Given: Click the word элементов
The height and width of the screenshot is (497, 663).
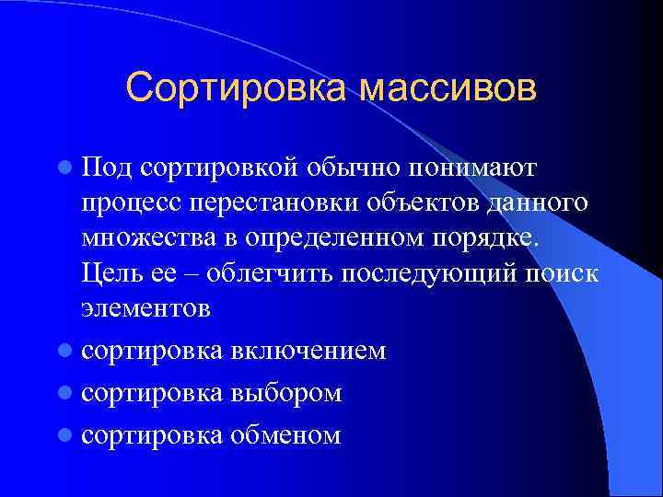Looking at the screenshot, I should coord(145,308).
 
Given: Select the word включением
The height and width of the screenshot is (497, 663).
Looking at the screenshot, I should coord(308,351).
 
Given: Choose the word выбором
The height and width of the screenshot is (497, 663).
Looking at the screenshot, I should coord(286,393).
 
